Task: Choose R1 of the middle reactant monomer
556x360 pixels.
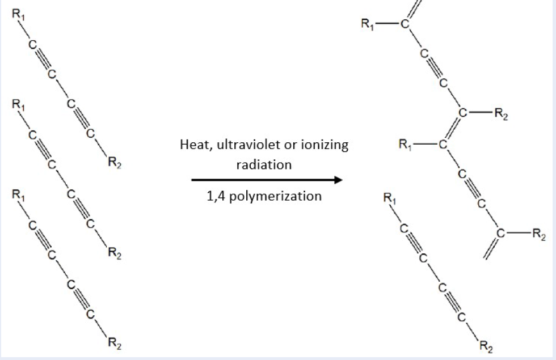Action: [18, 105]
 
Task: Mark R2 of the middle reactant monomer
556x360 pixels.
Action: [113, 253]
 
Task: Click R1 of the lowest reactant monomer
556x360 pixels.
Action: [18, 194]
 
